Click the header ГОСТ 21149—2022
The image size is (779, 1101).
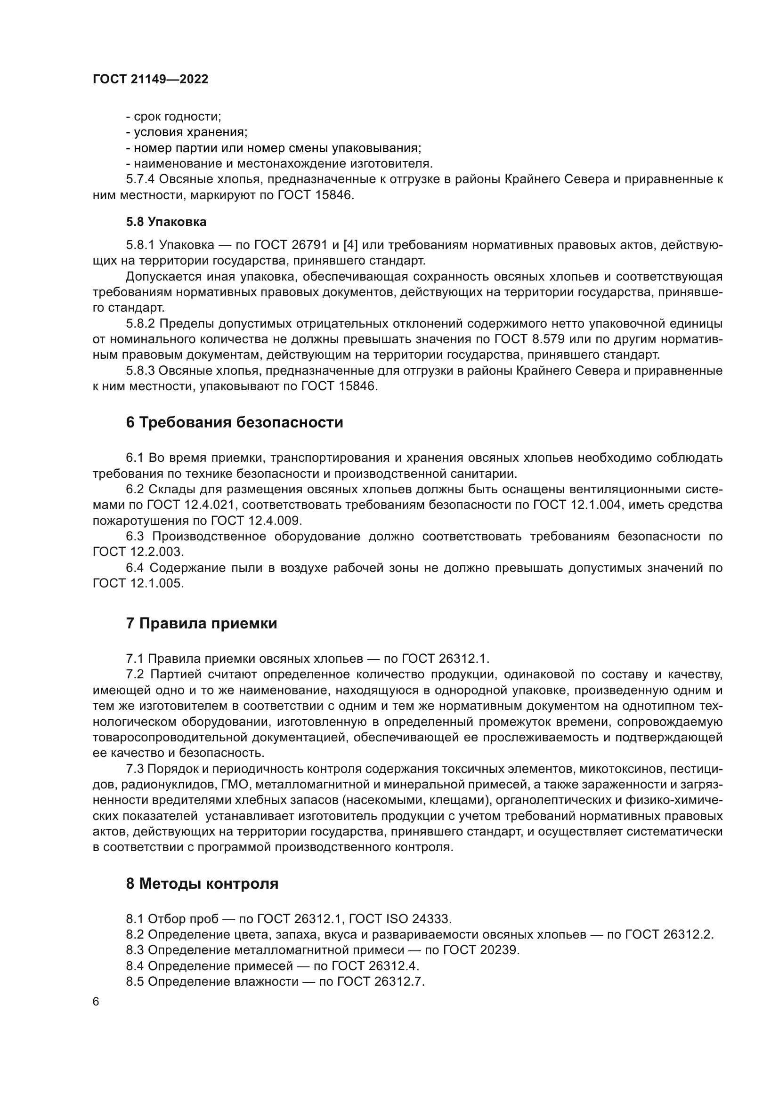150,79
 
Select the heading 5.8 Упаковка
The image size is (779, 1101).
166,222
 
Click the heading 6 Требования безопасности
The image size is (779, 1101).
235,422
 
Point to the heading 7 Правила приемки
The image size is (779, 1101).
202,623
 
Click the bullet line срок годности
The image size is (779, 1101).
173,117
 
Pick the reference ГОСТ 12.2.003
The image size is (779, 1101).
138,552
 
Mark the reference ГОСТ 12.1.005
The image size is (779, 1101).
138,583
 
